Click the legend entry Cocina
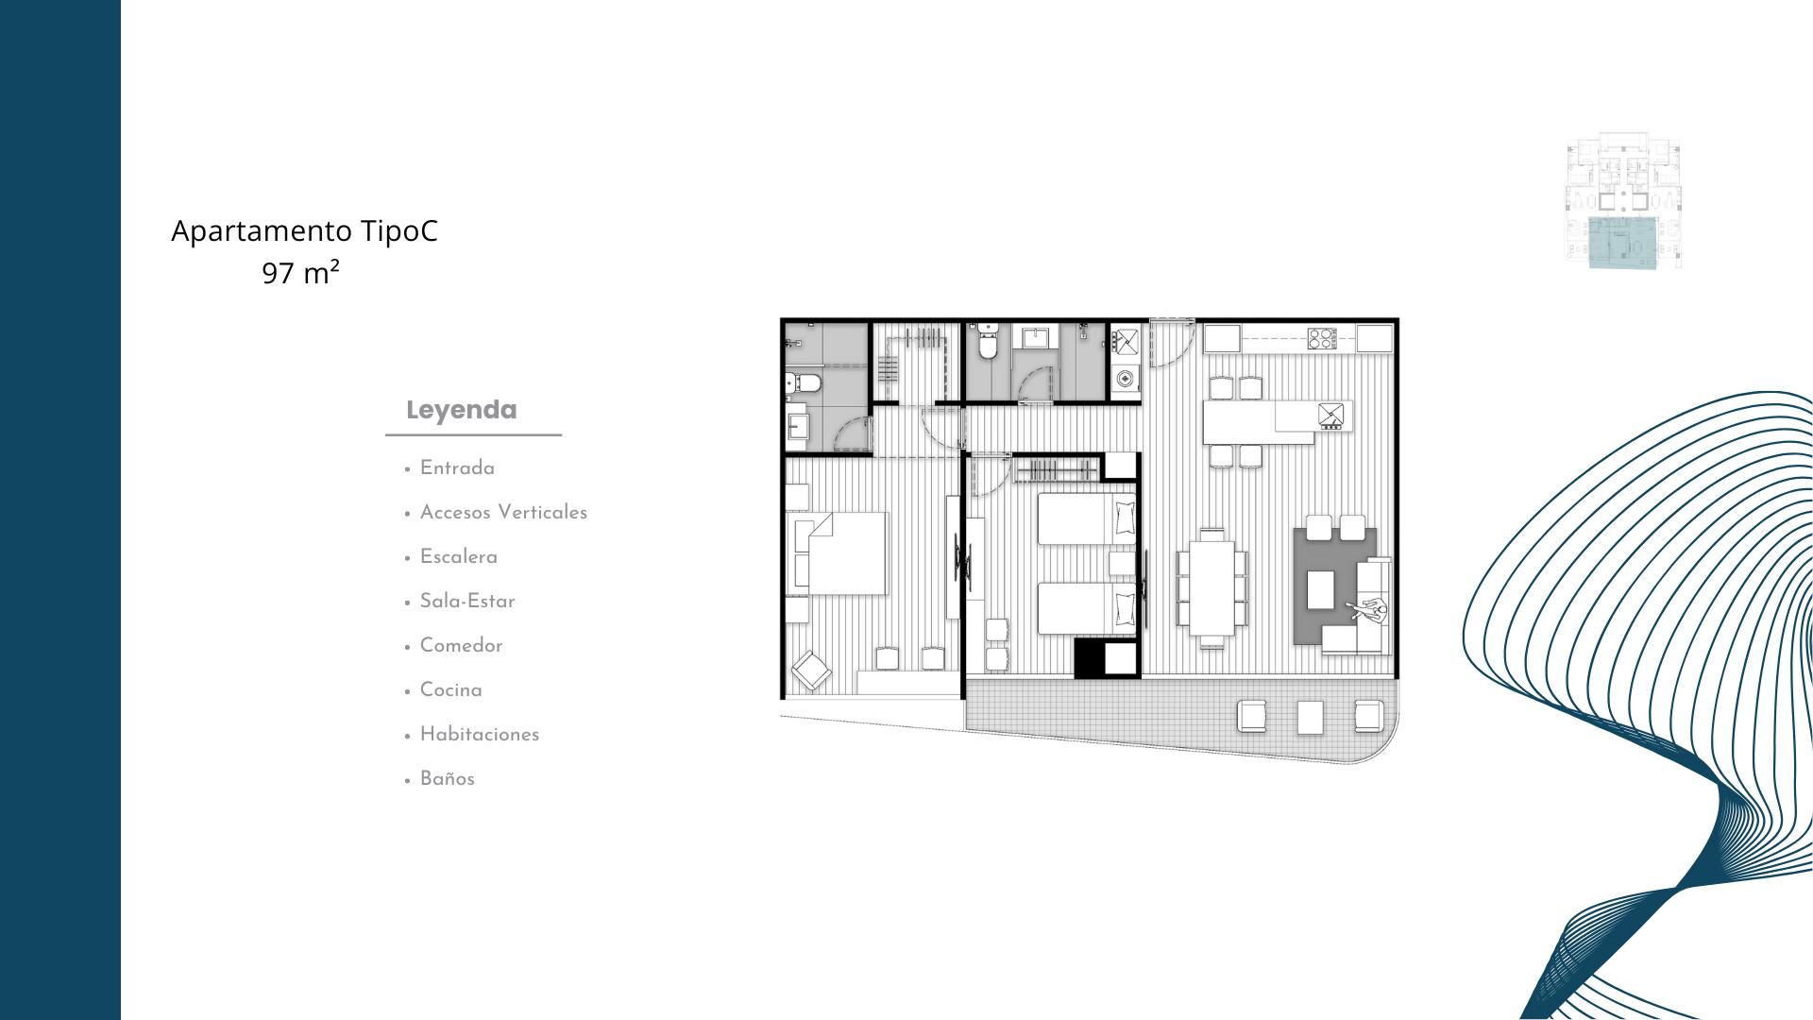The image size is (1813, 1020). pyautogui.click(x=450, y=690)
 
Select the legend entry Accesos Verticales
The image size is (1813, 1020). pyautogui.click(x=503, y=513)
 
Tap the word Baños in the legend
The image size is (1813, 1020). pyautogui.click(x=447, y=779)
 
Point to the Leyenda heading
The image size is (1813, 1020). pyautogui.click(x=462, y=410)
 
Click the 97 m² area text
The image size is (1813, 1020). pyautogui.click(x=301, y=274)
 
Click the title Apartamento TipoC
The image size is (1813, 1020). pyautogui.click(x=304, y=231)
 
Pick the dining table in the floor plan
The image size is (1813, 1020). pyautogui.click(x=1211, y=586)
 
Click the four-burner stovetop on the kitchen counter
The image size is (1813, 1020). pyautogui.click(x=1321, y=338)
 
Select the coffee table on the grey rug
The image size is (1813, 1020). pyautogui.click(x=1321, y=590)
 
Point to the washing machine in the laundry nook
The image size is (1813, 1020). pyautogui.click(x=1125, y=380)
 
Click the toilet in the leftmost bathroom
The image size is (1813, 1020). pyautogui.click(x=803, y=383)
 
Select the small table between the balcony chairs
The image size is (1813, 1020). pyautogui.click(x=1310, y=718)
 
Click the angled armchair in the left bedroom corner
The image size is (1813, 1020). pyautogui.click(x=811, y=671)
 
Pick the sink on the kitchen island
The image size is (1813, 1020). pyautogui.click(x=1331, y=415)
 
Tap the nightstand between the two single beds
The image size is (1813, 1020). pyautogui.click(x=1122, y=564)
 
